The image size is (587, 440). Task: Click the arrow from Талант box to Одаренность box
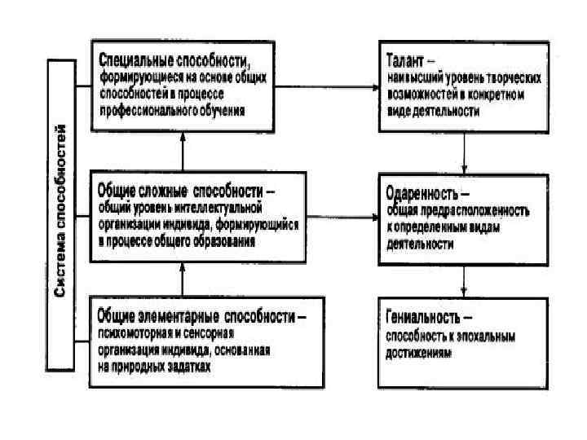[464, 152]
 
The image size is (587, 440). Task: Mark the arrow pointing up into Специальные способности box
[183, 152]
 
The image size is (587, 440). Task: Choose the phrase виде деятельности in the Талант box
[432, 111]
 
